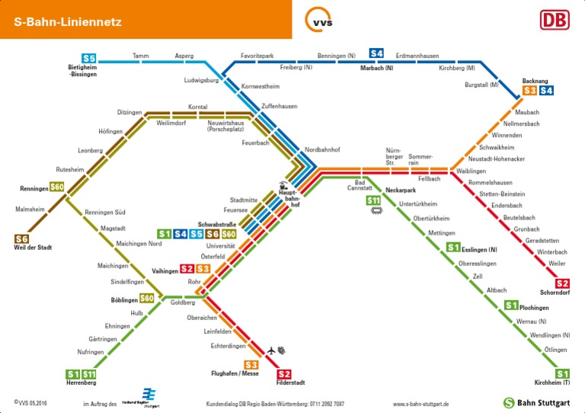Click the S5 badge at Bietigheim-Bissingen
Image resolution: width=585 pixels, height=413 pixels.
pos(89,59)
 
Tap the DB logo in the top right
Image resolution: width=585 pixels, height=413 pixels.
pos(554,20)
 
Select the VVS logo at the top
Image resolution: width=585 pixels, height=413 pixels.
pos(318,19)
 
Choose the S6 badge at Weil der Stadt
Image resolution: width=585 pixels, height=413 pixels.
pos(21,239)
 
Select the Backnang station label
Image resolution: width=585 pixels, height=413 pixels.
pos(535,81)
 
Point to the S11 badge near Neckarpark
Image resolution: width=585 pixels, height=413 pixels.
pos(374,200)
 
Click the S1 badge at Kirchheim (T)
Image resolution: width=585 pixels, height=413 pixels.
pos(562,373)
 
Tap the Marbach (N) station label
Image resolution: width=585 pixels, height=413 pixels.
pos(376,69)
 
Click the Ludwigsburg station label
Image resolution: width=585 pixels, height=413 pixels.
pos(202,80)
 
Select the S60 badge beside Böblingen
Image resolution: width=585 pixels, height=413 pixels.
pos(147,298)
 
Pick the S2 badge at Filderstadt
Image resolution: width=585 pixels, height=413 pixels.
pos(284,373)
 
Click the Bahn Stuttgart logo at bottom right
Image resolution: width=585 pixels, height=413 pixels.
pos(536,402)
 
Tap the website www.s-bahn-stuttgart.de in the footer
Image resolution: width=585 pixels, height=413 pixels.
pos(420,404)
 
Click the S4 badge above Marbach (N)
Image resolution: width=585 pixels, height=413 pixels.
pos(376,53)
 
